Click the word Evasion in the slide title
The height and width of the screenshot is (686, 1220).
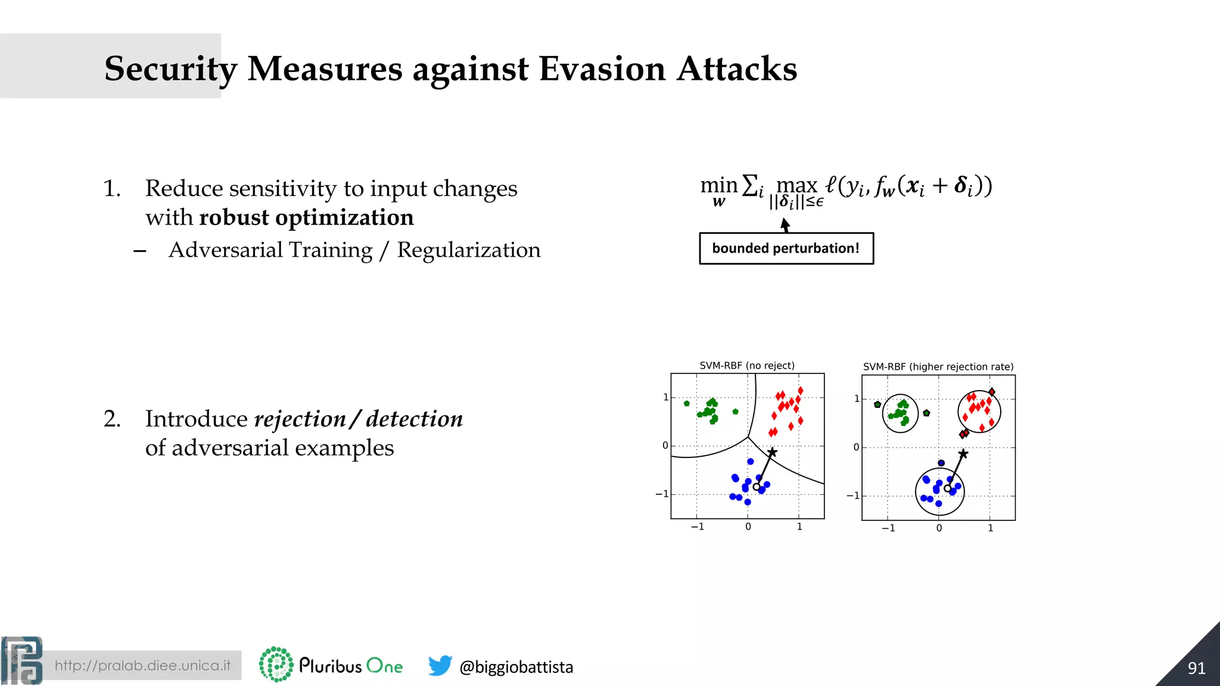[602, 68]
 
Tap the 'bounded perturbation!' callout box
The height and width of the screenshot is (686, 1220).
[786, 248]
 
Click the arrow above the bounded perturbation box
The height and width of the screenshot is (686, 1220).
[785, 224]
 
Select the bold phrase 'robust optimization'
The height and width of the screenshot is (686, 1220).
[306, 217]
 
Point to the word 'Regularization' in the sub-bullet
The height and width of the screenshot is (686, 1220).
[469, 250]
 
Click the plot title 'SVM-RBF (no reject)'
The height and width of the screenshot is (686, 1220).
[746, 366]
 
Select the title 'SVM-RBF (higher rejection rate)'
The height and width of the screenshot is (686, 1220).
[938, 367]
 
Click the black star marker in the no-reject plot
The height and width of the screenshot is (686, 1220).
[772, 453]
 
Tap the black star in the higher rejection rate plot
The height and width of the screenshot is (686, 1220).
[963, 454]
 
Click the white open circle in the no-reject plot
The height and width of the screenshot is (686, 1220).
[757, 487]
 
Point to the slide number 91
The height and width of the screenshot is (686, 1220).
[1196, 668]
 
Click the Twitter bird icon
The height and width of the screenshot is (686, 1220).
[440, 665]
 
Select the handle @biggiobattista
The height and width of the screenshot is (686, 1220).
[516, 667]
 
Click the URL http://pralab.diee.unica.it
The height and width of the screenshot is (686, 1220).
[142, 666]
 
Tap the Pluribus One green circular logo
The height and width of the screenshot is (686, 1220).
[276, 665]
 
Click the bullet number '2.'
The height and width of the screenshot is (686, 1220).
[112, 419]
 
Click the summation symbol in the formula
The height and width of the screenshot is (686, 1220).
[750, 185]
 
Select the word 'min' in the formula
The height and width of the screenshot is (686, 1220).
[718, 185]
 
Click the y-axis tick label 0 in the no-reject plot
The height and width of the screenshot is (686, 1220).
[665, 445]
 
